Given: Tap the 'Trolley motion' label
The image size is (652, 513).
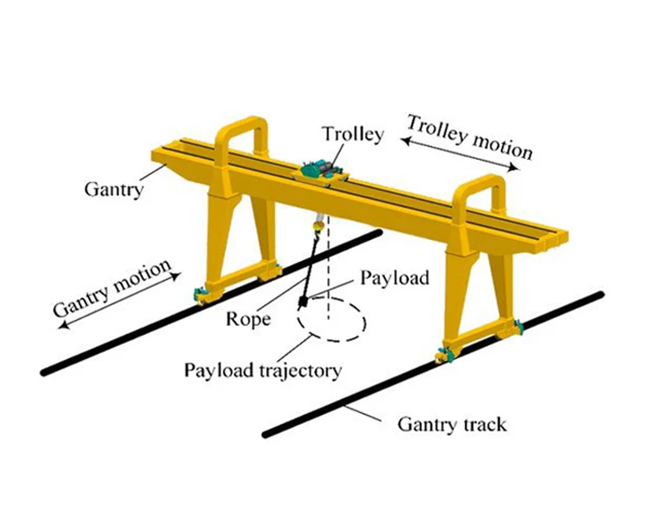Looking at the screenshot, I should coord(469,137).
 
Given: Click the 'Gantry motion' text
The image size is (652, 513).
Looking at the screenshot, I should coord(111,288).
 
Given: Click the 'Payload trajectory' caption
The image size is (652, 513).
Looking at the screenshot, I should coord(262,370).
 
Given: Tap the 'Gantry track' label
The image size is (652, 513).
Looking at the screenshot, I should coord(452,425).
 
